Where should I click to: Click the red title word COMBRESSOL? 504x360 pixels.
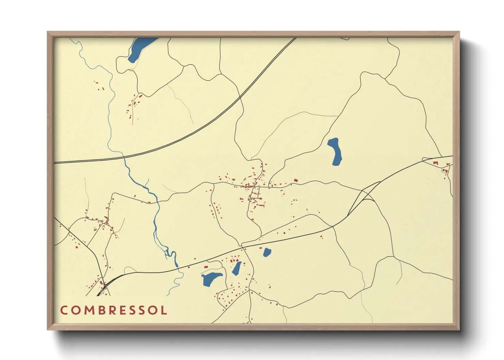[x=114, y=310]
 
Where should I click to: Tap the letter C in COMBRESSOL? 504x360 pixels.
[x=64, y=310]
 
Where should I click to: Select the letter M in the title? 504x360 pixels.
[x=88, y=310]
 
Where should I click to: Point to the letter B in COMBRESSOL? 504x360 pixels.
[x=100, y=310]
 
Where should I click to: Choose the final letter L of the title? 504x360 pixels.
[x=164, y=310]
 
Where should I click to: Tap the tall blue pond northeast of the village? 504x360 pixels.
[x=335, y=151]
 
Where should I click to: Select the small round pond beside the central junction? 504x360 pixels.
[x=267, y=252]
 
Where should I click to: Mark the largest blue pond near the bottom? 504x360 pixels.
[x=210, y=278]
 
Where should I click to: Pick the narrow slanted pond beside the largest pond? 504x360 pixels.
[x=236, y=268]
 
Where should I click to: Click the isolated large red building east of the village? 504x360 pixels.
[x=296, y=180]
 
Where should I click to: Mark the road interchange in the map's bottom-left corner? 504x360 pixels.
[x=104, y=285]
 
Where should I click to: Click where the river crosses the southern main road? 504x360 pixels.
[x=178, y=269]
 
